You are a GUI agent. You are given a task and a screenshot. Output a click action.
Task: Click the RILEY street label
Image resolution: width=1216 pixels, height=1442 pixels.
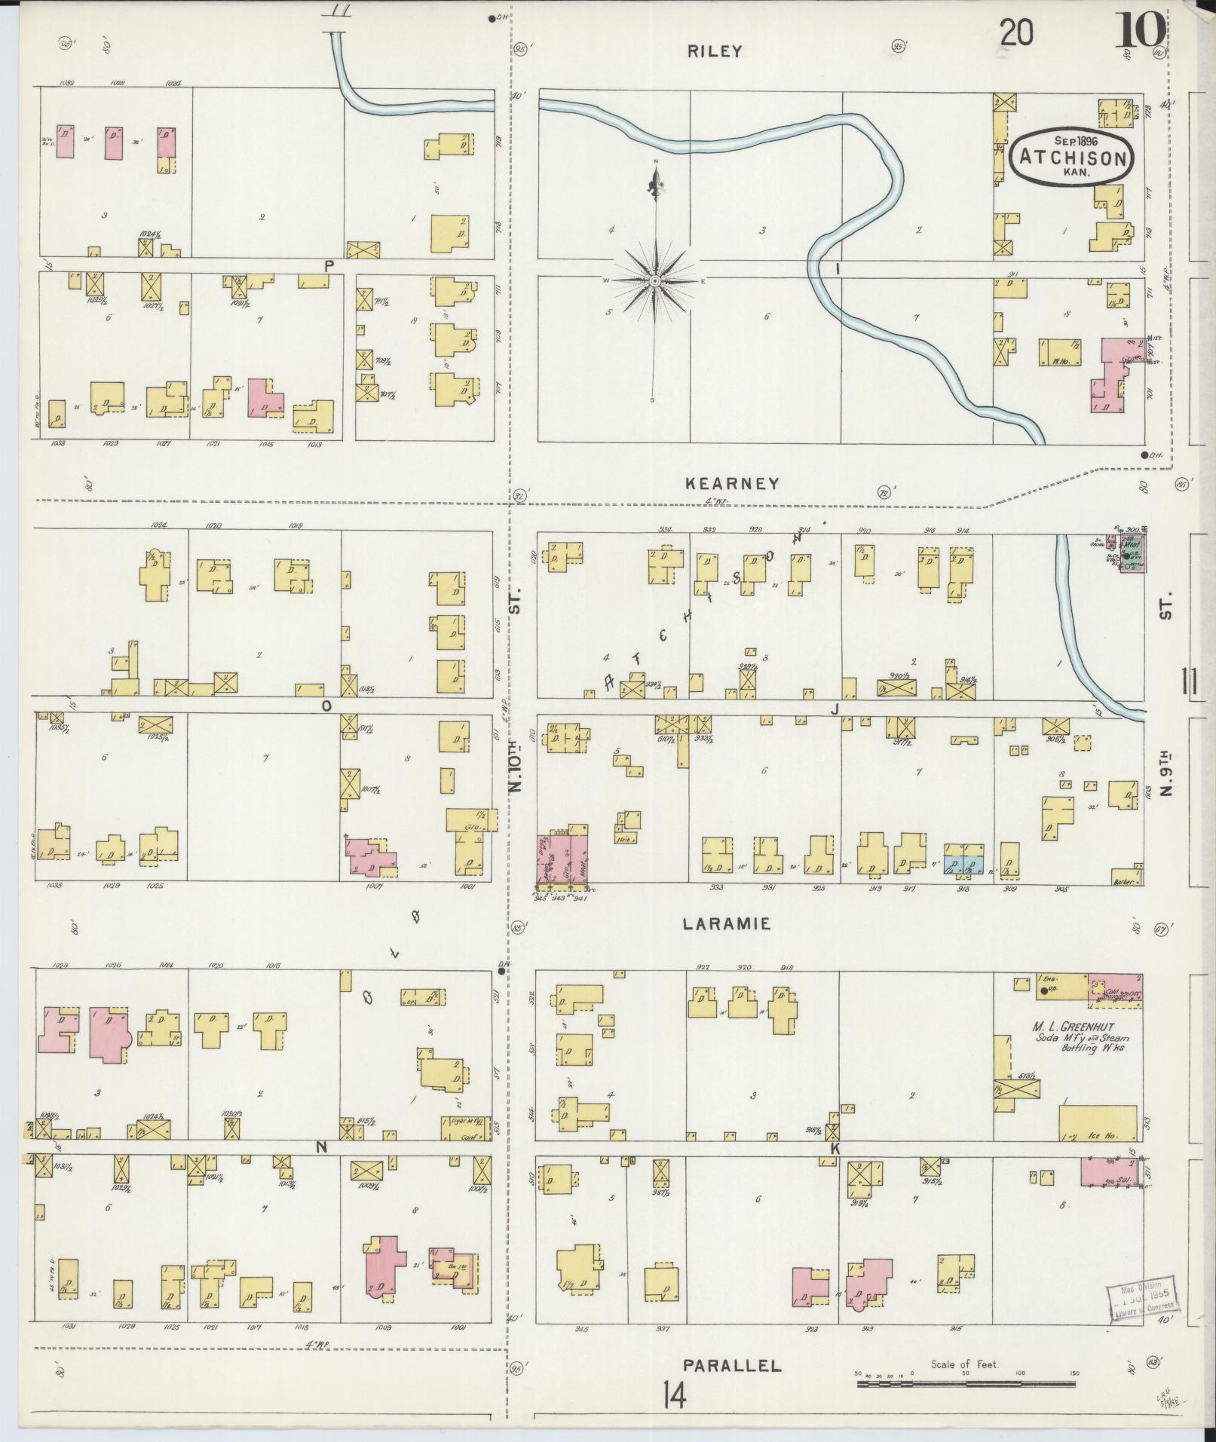(714, 51)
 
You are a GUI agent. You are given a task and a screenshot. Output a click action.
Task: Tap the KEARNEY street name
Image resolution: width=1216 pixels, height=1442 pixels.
(731, 484)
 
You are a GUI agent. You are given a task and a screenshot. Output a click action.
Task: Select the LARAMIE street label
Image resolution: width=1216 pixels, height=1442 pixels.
(726, 923)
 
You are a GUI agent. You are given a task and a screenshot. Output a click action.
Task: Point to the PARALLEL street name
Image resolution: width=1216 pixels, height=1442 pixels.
(732, 1365)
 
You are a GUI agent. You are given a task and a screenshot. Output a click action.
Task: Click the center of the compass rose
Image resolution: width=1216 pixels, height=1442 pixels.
(655, 280)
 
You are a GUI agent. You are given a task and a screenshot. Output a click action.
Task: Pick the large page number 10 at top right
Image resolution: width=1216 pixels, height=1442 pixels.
(1141, 34)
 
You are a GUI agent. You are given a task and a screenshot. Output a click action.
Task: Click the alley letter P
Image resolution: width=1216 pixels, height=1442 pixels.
(329, 265)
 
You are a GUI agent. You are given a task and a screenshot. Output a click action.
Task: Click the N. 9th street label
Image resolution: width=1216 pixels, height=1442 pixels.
(1167, 770)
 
